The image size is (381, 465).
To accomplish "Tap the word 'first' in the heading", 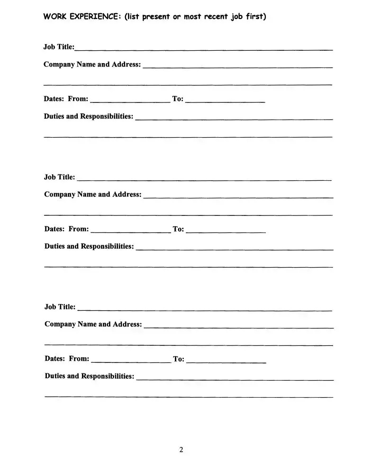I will point(255,17).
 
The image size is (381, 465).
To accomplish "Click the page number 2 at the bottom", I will point(181,450).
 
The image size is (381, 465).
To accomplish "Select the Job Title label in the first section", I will point(59,47).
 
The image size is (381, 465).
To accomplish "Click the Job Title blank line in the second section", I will point(204,179).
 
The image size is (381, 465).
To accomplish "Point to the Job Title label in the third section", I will point(60,307).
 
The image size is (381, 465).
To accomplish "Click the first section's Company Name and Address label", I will point(92,65).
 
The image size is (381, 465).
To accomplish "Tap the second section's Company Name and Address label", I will point(92,195).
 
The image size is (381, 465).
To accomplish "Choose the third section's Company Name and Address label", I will point(93,325).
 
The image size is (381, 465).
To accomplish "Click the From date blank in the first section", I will point(130,101).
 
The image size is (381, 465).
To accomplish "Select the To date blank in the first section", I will point(225,101).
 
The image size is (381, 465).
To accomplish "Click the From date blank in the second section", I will point(130,232).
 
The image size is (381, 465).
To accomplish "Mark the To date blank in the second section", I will point(226,232).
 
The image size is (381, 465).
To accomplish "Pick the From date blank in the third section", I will point(131,361).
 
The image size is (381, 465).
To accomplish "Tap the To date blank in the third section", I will point(226,361).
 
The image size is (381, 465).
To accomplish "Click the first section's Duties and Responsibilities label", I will point(89,116).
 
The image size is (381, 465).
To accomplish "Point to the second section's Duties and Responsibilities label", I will point(89,246).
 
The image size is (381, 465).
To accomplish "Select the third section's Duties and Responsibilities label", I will point(90,376).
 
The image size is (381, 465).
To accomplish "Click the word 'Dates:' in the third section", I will point(54,359).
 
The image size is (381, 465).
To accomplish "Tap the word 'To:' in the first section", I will point(178,99).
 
